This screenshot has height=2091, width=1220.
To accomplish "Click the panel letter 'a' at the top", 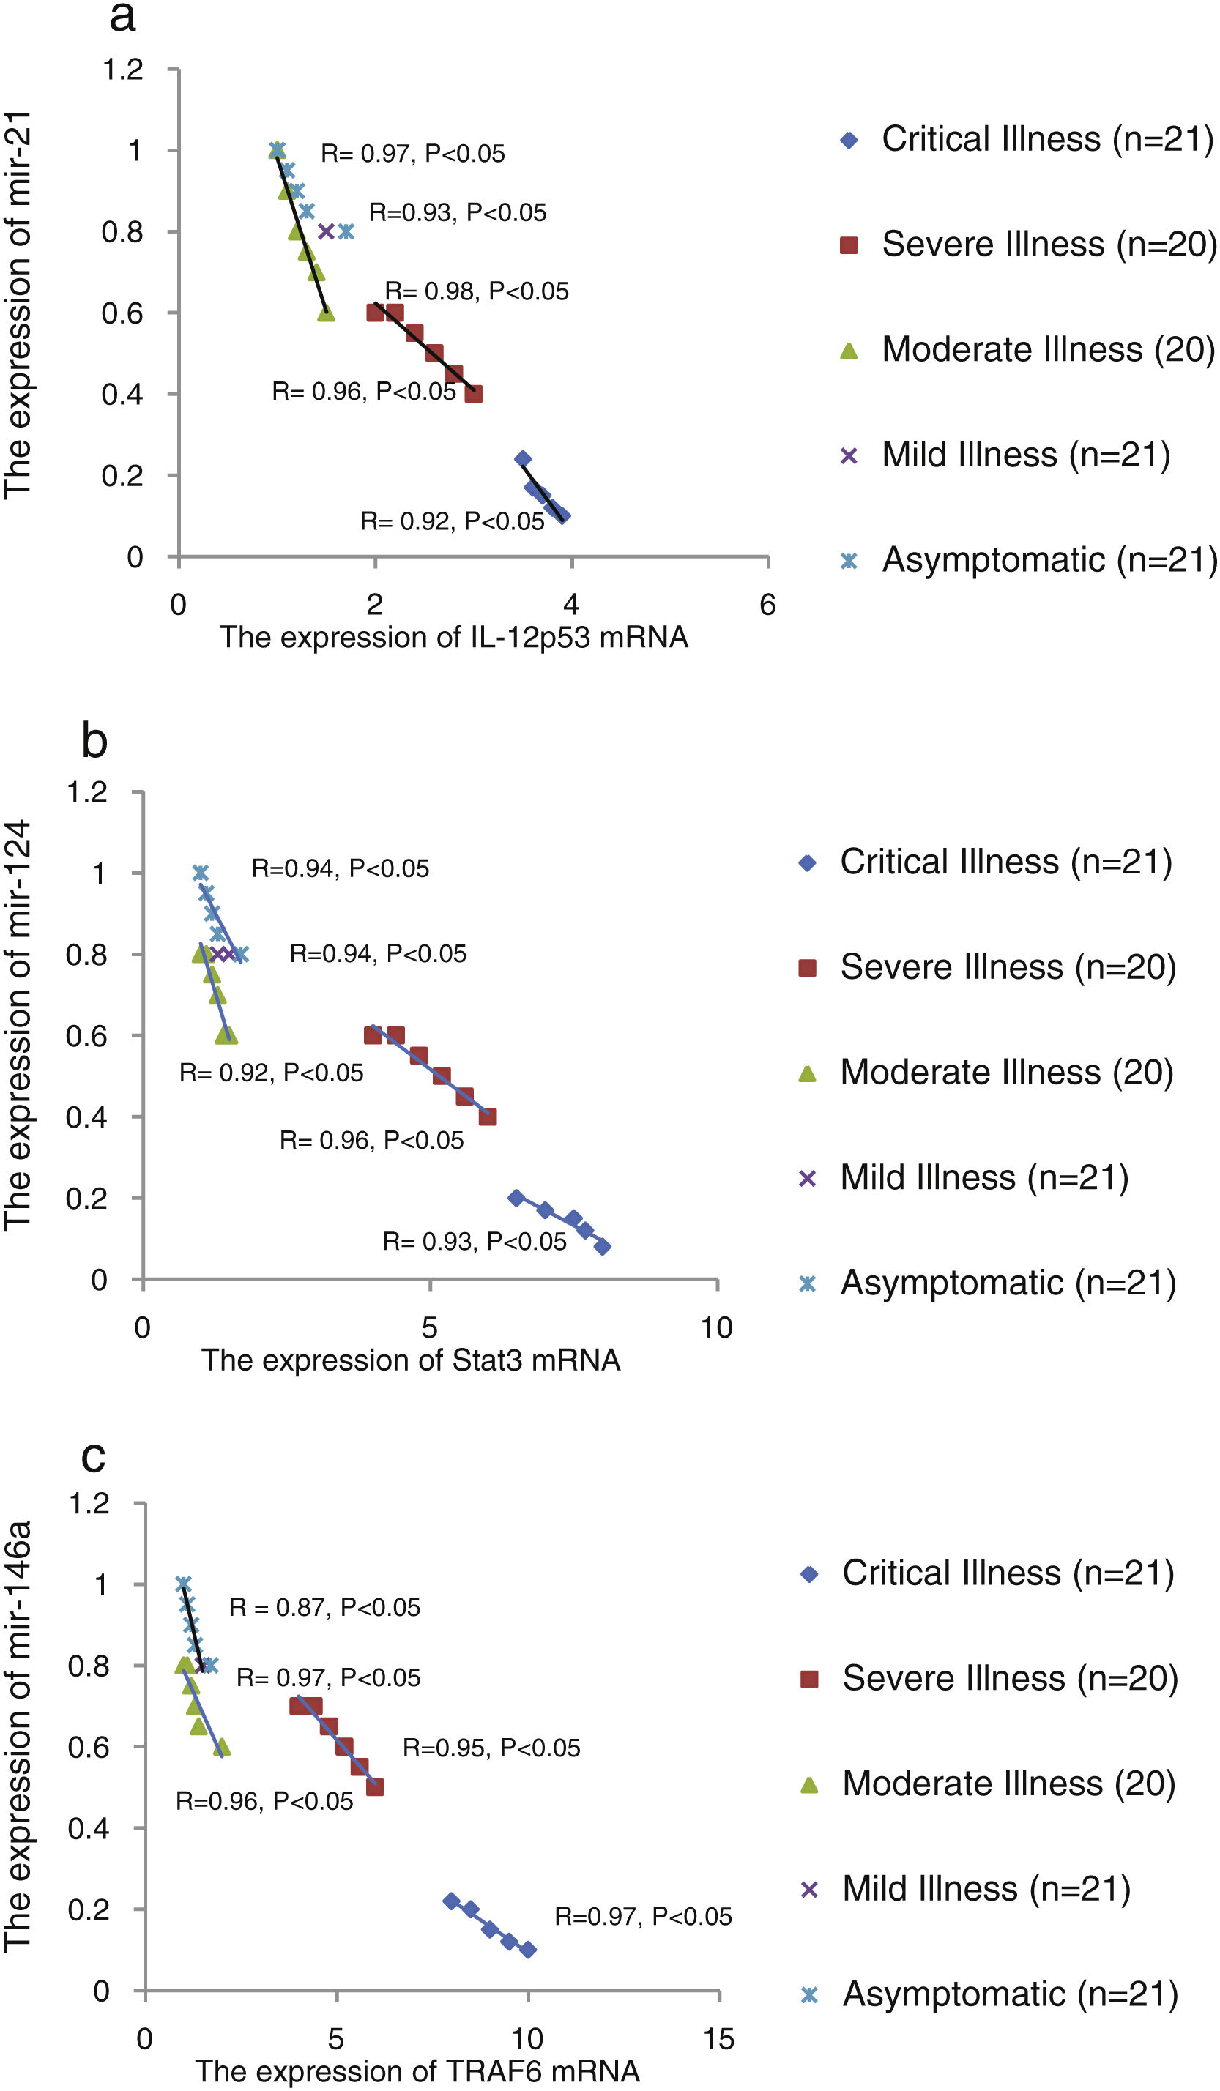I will [122, 17].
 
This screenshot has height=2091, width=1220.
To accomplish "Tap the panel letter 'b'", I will [94, 740].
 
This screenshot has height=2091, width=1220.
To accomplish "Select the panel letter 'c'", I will [93, 1457].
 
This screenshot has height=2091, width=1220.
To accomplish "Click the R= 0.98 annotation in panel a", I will [477, 291].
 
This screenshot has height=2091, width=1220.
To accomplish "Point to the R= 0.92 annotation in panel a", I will [452, 521].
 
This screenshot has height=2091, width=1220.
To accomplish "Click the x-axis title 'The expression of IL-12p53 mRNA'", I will [453, 637].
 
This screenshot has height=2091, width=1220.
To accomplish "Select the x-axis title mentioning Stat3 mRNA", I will [411, 1361].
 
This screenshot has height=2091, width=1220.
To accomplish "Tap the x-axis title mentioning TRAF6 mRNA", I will [417, 2071].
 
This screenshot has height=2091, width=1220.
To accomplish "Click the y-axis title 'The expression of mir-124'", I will [17, 1025].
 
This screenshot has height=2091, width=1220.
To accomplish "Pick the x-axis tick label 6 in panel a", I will [767, 605].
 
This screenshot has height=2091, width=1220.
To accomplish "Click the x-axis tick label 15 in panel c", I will [718, 2039].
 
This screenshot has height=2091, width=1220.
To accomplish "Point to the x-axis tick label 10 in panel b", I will [716, 1327].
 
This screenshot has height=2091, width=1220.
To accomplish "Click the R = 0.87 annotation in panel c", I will [324, 1607].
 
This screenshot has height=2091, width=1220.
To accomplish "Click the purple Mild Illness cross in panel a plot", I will [326, 231].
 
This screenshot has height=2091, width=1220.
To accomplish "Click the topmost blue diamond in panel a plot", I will [523, 459].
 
